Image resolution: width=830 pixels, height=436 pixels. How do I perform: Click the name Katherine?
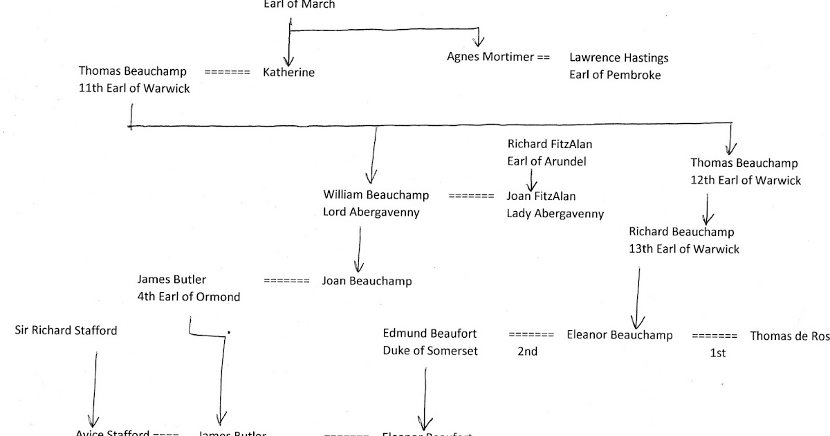pos(289,73)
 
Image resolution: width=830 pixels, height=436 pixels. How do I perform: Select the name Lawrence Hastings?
pos(619,58)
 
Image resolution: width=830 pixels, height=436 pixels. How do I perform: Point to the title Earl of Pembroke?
pos(615,75)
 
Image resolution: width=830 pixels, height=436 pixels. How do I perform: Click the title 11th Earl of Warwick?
pos(134,89)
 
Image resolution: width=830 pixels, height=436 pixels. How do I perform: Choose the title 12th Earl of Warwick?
pos(746,180)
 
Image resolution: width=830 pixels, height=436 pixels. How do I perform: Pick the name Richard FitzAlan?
pos(550,145)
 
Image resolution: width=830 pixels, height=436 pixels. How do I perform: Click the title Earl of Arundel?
pos(546,161)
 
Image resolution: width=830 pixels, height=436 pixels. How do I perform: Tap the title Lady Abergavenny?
pos(555,214)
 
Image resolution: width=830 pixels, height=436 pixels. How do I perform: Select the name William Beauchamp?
pos(376,195)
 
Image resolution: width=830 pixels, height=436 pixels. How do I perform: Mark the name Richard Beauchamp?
pos(681,233)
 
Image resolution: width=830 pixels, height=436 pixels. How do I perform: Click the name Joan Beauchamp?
pos(367,281)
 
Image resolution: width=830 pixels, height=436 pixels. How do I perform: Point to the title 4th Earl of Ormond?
pos(188,297)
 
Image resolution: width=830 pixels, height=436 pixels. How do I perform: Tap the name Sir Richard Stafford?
pos(66,330)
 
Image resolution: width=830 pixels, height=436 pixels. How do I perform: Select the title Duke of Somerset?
pos(430,351)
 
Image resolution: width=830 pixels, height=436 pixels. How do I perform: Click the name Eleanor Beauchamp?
pos(619,335)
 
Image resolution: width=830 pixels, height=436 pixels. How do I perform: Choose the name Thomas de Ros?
pos(789,336)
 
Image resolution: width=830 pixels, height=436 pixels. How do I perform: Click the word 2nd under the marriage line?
pos(527,352)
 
